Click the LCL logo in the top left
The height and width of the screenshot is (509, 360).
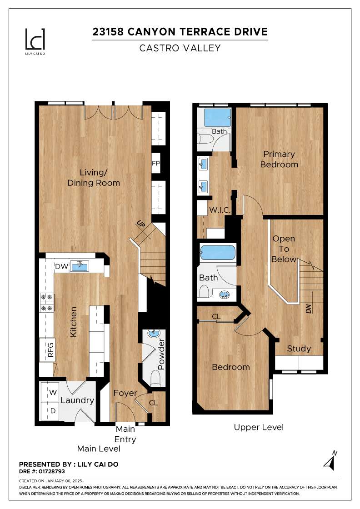35,39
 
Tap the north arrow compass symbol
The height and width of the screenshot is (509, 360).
330,461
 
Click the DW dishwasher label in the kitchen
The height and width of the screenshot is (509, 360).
61,266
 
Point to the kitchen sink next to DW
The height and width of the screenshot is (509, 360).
81,266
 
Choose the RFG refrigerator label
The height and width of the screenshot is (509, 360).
50,349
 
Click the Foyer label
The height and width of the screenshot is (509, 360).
125,393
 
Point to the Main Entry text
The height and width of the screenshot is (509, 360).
125,434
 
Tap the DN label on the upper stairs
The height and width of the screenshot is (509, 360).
309,309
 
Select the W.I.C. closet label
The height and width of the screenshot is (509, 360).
220,210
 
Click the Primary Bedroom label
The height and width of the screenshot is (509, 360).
279,159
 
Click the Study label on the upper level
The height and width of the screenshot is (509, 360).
299,349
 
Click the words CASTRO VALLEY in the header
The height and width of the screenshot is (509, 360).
180,48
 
